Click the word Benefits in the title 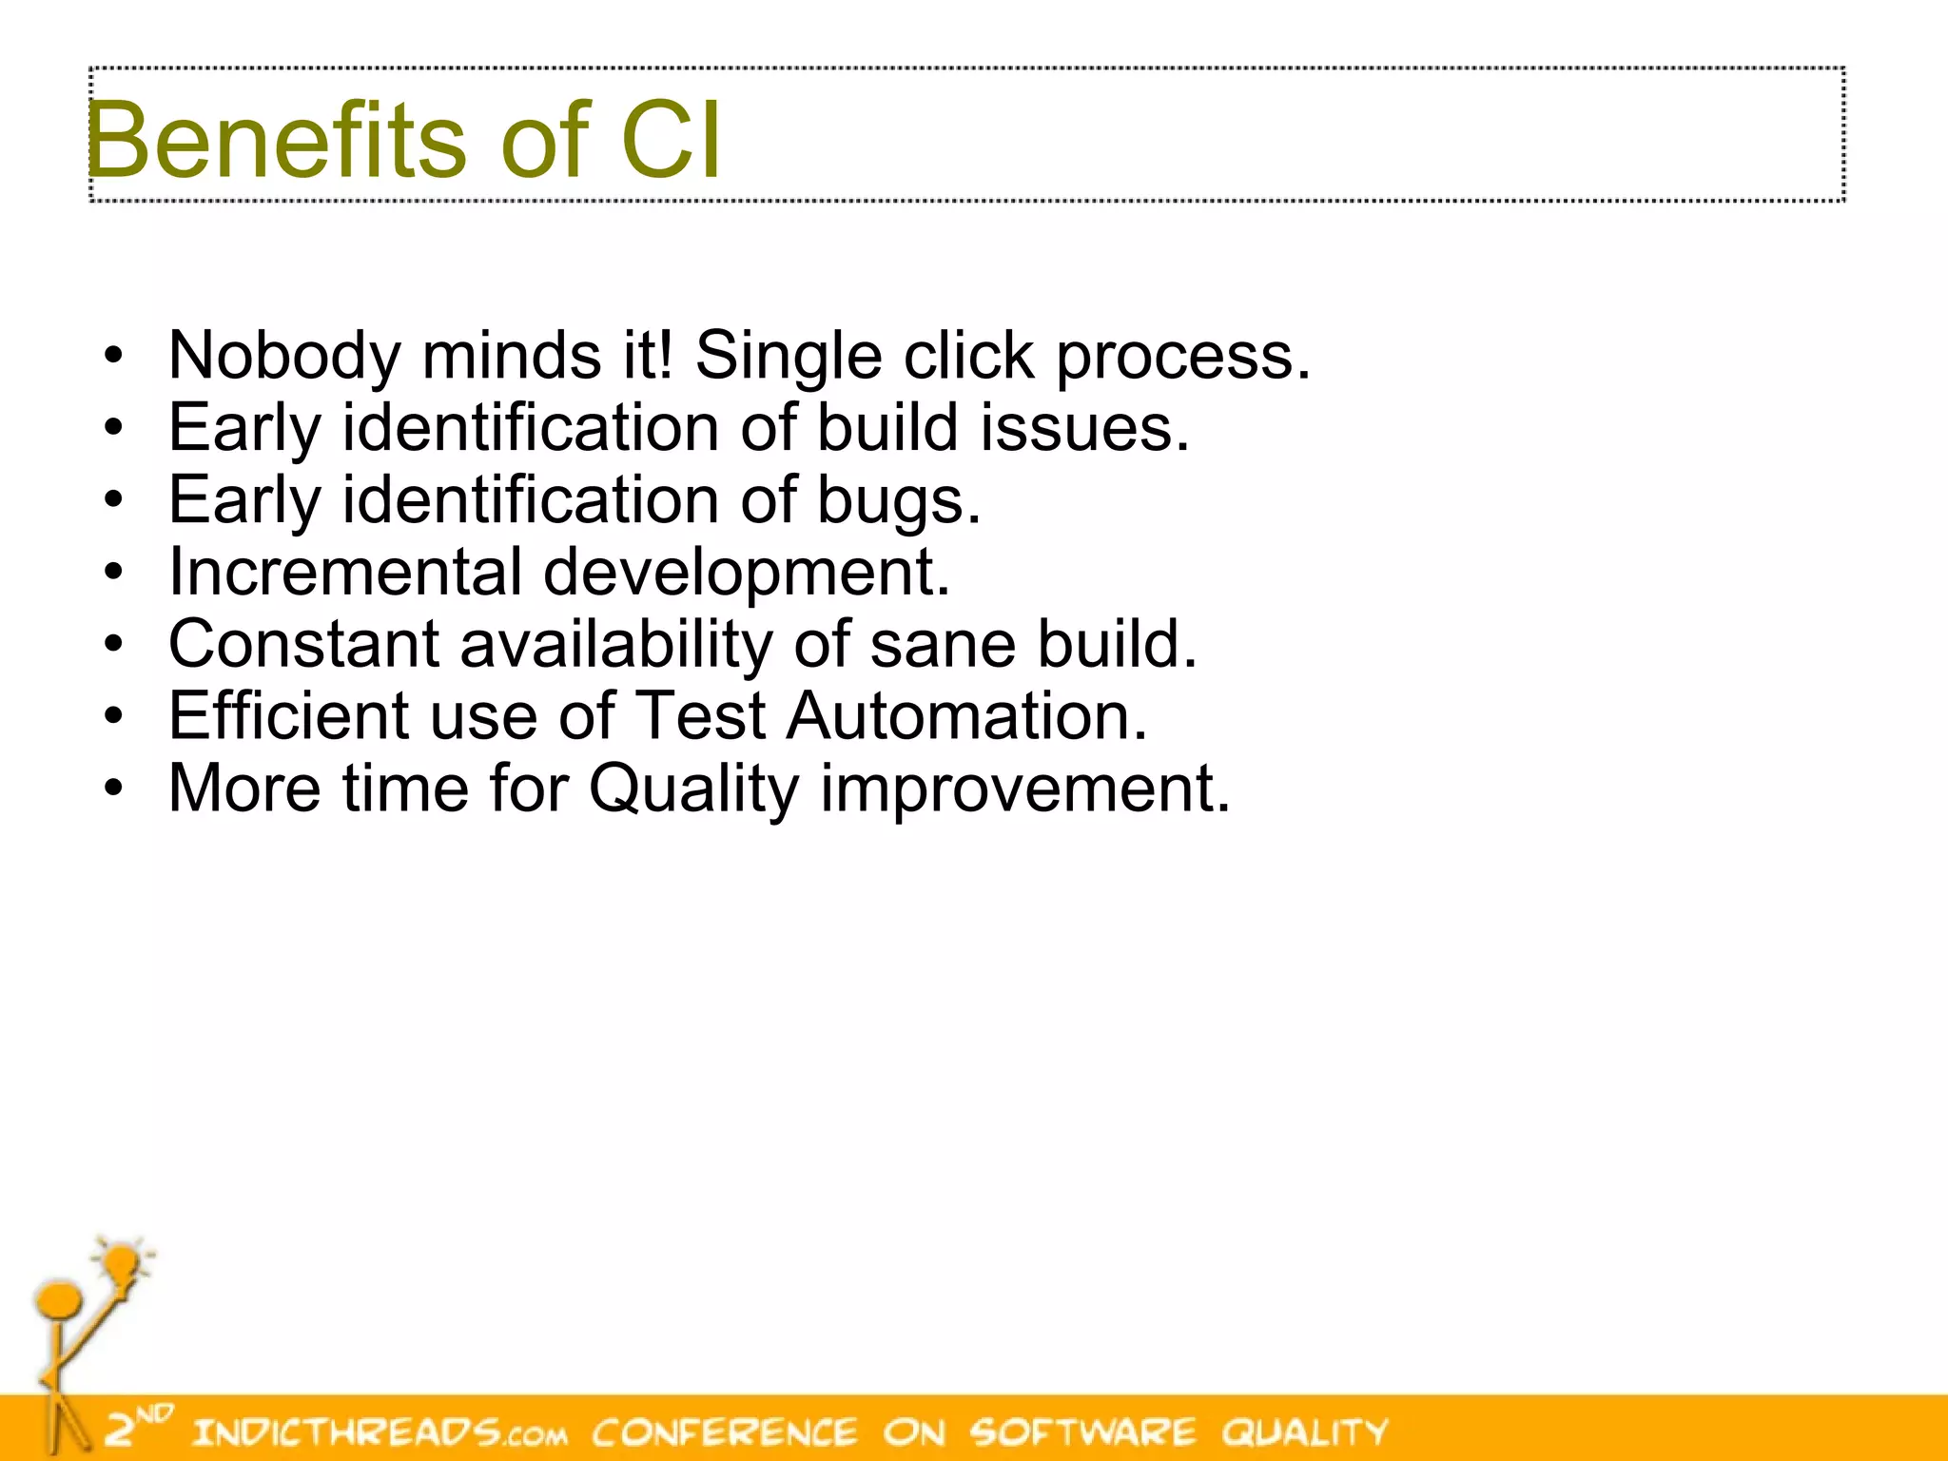[x=276, y=141]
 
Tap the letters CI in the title [x=671, y=141]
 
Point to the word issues [x=1084, y=428]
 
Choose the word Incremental [x=345, y=573]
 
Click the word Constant [x=303, y=644]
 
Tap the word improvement [x=1025, y=790]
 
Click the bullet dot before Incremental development [x=114, y=574]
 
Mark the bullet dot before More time [x=114, y=789]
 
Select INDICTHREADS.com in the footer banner [x=380, y=1432]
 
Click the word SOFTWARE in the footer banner [x=1082, y=1432]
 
